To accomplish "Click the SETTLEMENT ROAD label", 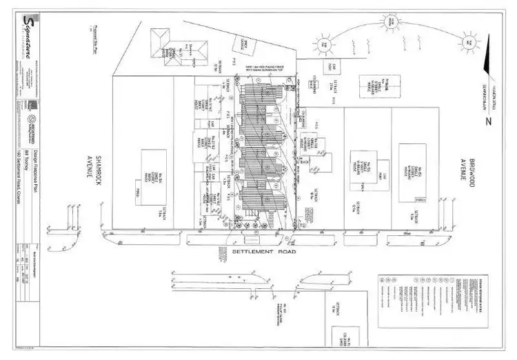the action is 264,252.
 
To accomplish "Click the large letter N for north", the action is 487,122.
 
